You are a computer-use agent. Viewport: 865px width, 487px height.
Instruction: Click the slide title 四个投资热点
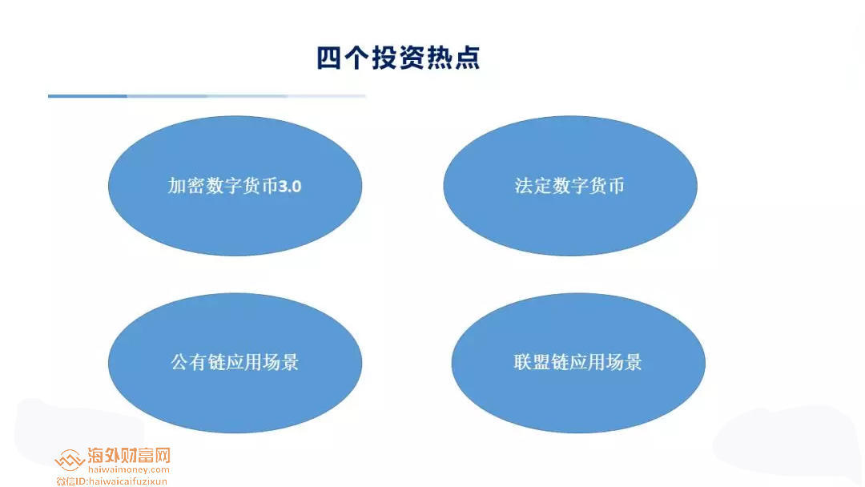(398, 58)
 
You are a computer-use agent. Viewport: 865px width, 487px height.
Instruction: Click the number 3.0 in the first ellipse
(290, 187)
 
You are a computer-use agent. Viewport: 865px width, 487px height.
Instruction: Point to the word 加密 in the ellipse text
(180, 187)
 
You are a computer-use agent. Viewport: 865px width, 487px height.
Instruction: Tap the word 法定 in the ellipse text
(529, 187)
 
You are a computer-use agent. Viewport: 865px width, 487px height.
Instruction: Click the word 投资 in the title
(398, 58)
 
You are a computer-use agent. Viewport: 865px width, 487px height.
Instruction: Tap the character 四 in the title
(329, 58)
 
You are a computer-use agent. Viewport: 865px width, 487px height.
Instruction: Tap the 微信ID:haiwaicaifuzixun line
(112, 481)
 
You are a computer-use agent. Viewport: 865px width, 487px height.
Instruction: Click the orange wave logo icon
(70, 460)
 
